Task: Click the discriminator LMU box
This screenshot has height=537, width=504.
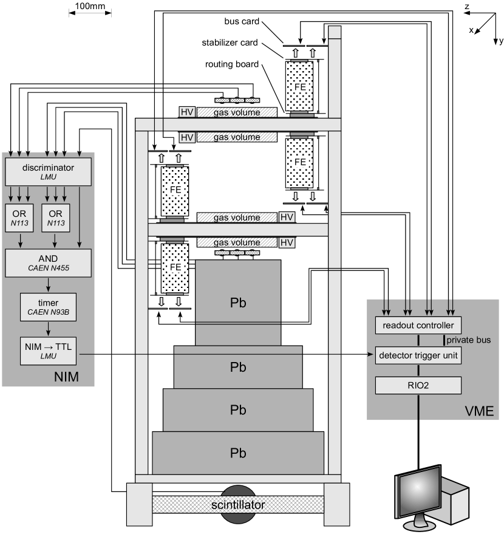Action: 48,171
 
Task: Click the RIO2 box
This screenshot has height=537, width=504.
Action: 418,384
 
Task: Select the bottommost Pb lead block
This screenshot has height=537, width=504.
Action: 237,453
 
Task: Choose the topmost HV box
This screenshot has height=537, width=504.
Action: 186,112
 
